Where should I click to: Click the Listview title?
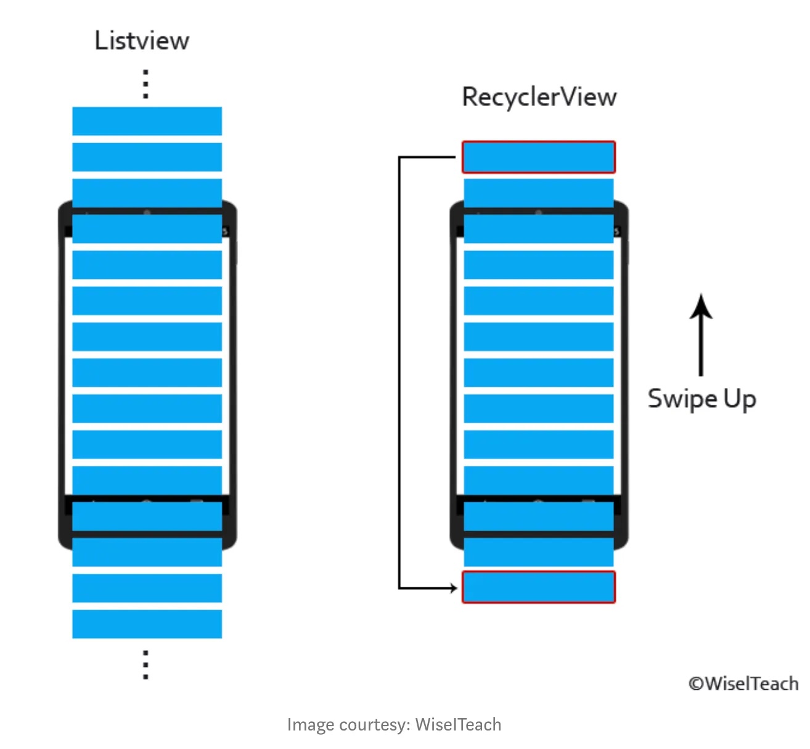(142, 41)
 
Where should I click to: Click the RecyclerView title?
(539, 97)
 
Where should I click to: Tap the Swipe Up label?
(702, 399)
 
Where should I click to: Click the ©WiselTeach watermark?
(743, 684)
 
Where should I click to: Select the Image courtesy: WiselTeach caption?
(394, 724)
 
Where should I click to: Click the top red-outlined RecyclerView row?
(539, 157)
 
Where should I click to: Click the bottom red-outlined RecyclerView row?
(539, 587)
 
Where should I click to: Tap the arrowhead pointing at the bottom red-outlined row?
(454, 588)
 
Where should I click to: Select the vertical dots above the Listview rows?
(146, 84)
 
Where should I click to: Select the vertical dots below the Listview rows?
(146, 664)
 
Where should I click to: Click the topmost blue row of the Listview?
(147, 121)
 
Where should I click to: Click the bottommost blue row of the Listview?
(147, 624)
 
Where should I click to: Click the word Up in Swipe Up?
(740, 399)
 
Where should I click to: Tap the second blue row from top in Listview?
(147, 157)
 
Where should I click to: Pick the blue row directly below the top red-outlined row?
(539, 192)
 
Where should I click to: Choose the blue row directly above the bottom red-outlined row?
(539, 552)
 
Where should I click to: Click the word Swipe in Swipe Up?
(682, 399)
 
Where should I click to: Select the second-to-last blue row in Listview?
(147, 588)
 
